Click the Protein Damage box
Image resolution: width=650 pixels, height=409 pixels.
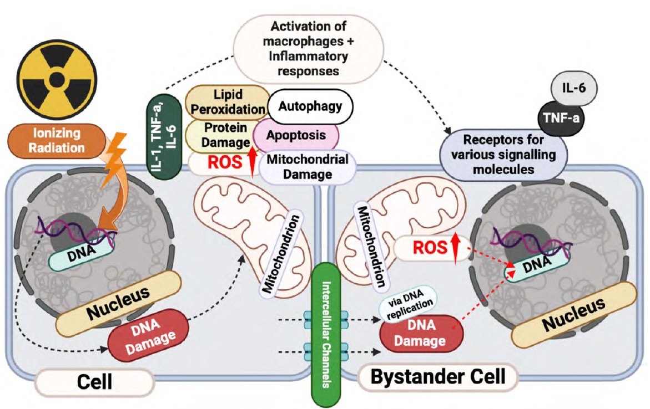(220, 135)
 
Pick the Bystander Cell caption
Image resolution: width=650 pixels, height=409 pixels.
(438, 378)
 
